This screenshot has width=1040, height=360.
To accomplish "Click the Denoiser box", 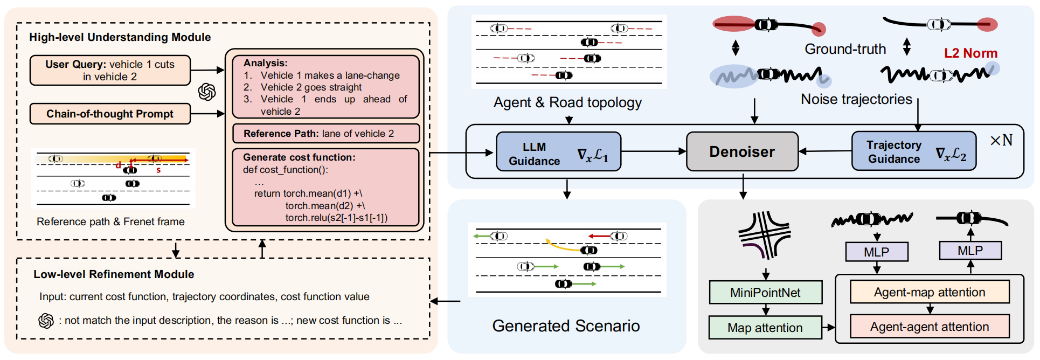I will (741, 151).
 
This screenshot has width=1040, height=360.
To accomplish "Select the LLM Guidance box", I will (558, 152).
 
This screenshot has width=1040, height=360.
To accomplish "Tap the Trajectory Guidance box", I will (913, 151).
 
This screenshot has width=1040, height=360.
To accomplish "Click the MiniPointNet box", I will (765, 293).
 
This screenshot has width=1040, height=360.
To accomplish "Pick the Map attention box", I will (765, 328).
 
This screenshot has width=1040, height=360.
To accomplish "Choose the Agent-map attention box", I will (930, 292).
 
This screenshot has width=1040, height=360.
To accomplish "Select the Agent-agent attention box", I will (930, 327).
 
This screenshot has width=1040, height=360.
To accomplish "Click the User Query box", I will (110, 70).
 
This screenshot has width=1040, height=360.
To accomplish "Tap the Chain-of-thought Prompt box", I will (110, 114).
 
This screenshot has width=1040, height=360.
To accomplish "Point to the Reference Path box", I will (325, 134).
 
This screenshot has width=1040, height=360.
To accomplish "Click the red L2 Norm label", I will (970, 53).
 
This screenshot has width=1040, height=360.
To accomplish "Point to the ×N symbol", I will (1001, 141).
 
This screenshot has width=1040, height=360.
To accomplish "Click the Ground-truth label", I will (845, 49).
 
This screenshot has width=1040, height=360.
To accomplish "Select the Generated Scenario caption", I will (566, 326).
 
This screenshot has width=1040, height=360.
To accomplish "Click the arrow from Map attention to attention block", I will (828, 327).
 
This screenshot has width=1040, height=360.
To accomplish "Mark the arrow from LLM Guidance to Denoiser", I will (653, 151).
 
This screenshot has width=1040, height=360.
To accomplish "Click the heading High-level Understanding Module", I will (120, 37).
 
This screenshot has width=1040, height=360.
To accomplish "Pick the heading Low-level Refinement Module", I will (114, 274).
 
